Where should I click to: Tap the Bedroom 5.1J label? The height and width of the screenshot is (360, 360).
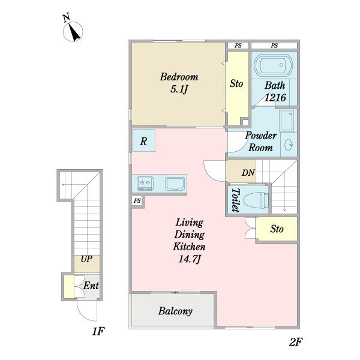point(179,83)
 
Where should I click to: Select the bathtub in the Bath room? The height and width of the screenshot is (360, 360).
point(274,65)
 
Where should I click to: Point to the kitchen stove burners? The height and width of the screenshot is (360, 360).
point(145,184)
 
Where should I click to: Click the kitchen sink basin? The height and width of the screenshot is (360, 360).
point(175,184)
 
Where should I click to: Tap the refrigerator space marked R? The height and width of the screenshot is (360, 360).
point(143,140)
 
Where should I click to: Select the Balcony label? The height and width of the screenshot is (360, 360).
point(175,311)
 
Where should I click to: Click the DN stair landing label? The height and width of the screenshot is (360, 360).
point(248,172)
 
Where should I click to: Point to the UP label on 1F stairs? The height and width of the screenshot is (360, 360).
point(86,259)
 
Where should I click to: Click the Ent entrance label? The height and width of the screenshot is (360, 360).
point(91,286)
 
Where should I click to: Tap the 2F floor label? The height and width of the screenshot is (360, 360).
point(295,342)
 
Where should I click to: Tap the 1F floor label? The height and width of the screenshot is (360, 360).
point(98,331)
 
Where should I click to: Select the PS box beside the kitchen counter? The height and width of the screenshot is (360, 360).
point(137,201)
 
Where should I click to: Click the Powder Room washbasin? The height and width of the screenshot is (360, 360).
point(288,145)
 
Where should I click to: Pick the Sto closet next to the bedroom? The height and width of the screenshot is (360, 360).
point(238,88)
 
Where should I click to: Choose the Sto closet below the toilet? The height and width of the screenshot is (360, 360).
point(277,229)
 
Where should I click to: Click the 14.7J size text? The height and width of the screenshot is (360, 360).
point(190,259)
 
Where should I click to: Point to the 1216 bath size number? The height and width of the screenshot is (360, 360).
point(275,98)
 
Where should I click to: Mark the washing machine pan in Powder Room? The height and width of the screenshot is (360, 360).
point(287,121)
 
